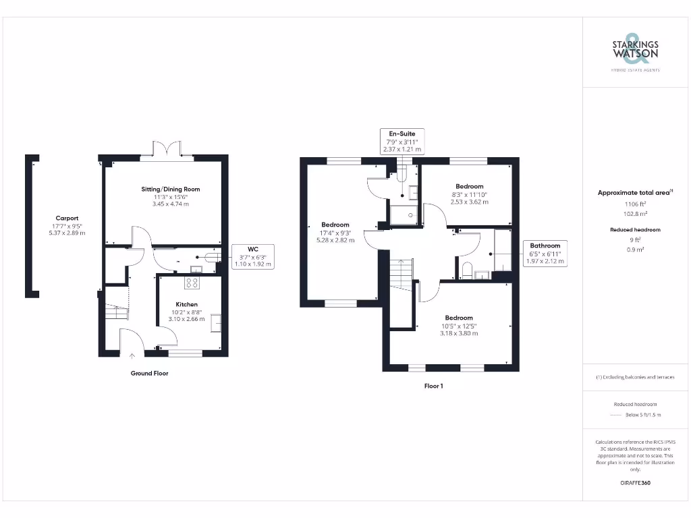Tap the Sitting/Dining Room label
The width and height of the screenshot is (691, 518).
[x=170, y=190]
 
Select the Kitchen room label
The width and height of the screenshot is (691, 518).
[x=187, y=304]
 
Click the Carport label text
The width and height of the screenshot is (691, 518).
[x=67, y=219]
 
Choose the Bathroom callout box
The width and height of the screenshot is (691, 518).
[x=545, y=253]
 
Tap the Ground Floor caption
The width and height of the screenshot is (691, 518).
[x=149, y=373]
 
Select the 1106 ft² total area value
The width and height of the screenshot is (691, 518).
[x=634, y=203]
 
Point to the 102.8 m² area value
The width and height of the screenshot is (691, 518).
[x=634, y=212]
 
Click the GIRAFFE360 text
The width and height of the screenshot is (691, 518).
[x=634, y=483]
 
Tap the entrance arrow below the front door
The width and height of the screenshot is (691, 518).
[x=132, y=355]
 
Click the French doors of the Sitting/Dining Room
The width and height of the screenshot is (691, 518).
[x=166, y=149]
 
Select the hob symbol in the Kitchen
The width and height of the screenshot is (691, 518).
[x=194, y=283]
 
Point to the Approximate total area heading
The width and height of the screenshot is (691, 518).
[x=634, y=193]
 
